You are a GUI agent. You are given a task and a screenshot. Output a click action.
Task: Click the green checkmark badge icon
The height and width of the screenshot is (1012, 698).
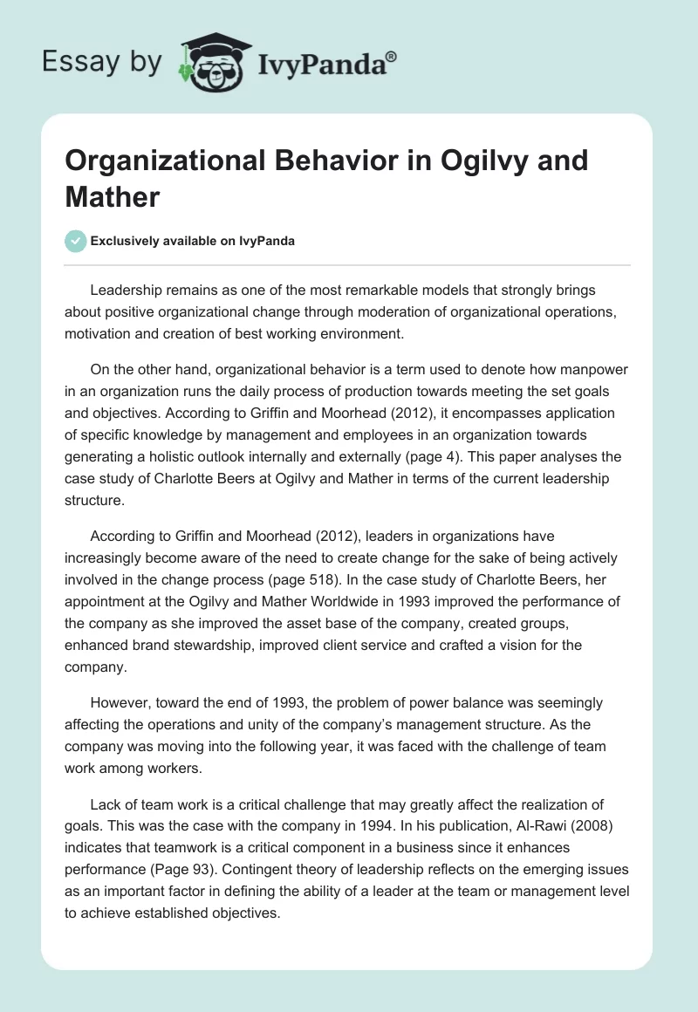pos(76,241)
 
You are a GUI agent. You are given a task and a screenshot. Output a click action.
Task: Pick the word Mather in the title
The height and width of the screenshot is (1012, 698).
pos(112,196)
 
